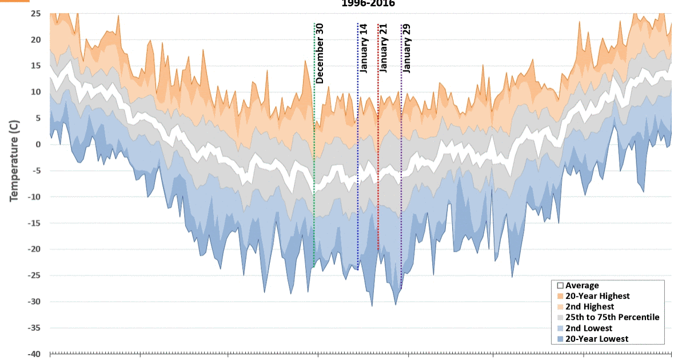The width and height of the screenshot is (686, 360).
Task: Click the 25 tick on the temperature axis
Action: [35, 13]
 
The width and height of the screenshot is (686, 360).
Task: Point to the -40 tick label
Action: [34, 354]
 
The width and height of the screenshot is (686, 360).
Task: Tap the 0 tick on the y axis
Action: [38, 145]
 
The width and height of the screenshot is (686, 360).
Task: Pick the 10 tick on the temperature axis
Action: [35, 92]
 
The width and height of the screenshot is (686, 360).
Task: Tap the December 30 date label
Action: [320, 53]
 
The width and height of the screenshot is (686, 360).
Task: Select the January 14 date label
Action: [364, 48]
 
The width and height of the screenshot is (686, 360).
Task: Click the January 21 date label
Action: [384, 48]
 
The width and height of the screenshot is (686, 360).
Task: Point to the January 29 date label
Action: [407, 48]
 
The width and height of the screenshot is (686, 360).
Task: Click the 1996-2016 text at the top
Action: [368, 3]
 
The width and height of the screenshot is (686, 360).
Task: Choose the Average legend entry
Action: [582, 286]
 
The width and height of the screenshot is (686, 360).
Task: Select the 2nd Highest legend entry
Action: [589, 307]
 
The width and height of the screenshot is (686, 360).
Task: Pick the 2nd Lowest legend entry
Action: [588, 328]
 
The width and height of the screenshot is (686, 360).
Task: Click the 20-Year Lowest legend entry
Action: [596, 339]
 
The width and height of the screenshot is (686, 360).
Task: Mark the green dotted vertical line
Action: [314, 171]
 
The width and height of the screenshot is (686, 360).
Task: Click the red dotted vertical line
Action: [378, 171]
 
